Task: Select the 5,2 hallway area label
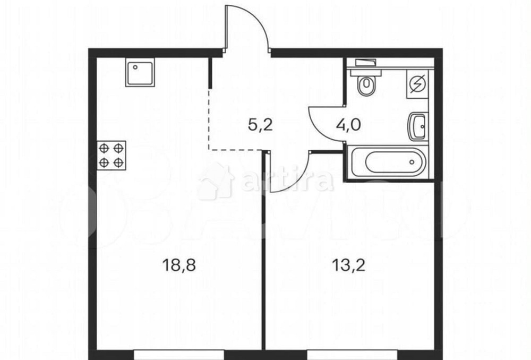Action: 261,126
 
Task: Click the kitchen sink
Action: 140,73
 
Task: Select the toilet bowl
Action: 366,85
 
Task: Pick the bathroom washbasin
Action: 417,126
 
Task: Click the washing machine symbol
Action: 417,85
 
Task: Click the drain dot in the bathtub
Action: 413,162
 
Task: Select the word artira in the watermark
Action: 287,182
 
